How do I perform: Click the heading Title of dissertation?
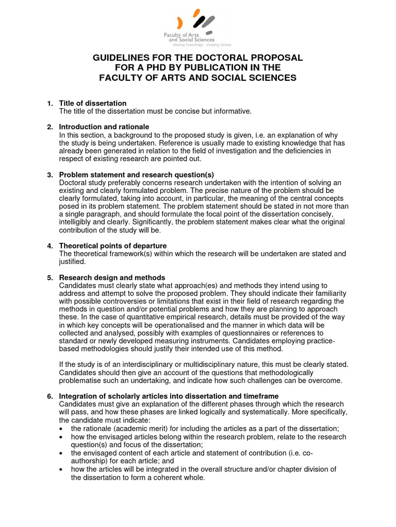tap(93, 103)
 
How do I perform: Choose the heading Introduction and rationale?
tap(104, 127)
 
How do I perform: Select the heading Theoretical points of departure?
tap(113, 245)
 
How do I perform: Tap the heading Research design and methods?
tap(112, 277)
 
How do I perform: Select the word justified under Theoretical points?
tap(73, 261)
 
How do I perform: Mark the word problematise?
tap(82, 381)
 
